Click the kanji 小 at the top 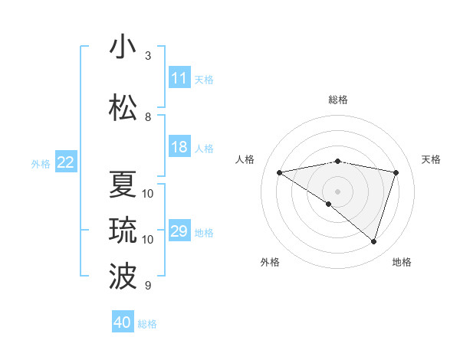[123, 47]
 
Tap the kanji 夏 [123, 184]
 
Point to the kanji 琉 [123, 230]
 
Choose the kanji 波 [123, 276]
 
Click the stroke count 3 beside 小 [148, 56]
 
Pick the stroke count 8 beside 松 [148, 116]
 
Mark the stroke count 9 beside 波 [148, 286]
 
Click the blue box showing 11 [179, 77]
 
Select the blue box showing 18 [179, 147]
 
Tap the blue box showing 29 [179, 231]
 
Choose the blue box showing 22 [66, 162]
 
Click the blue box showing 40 [123, 322]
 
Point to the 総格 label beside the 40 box [147, 324]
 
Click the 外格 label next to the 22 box [41, 163]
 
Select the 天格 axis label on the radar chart [432, 159]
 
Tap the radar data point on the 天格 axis [396, 172]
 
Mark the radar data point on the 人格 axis [279, 172]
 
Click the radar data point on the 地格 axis [374, 242]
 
